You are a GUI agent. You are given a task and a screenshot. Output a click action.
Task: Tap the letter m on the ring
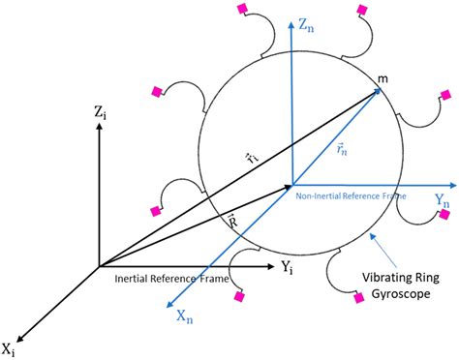click(x=384, y=76)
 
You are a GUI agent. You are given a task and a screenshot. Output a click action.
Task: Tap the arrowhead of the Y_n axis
click(x=450, y=184)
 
